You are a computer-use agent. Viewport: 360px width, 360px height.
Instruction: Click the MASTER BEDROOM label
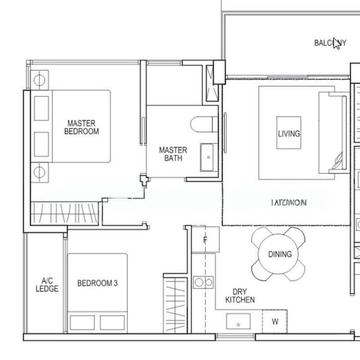83,127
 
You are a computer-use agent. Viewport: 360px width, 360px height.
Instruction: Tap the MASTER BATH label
173,154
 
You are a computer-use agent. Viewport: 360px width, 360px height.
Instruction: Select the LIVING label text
289,134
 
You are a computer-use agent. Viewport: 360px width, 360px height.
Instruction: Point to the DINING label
280,254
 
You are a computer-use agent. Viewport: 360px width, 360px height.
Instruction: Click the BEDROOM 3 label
97,284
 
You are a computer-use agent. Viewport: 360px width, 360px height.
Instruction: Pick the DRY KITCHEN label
240,295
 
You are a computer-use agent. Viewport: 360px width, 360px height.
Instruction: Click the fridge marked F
205,241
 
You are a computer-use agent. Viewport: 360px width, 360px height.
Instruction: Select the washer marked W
275,322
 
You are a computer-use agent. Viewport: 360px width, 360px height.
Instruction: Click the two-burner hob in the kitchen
204,281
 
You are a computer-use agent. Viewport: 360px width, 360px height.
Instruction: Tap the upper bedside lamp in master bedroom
41,79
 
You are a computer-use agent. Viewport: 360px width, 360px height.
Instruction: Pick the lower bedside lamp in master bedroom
41,172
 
